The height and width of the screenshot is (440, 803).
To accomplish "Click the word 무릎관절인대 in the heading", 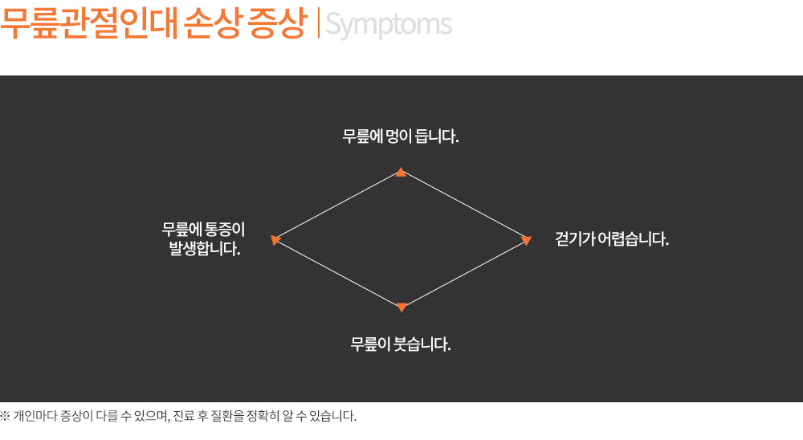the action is point(89,23).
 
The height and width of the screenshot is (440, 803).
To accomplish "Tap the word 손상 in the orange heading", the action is point(212,23).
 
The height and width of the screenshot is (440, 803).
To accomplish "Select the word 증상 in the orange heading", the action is point(276,23).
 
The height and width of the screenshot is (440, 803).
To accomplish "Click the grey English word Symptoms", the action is point(389,25).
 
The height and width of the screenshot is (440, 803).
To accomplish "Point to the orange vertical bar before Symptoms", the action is point(319,23).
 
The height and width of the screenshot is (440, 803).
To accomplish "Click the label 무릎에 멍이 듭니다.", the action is point(401,136).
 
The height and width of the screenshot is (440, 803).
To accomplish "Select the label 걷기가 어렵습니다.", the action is point(612,238).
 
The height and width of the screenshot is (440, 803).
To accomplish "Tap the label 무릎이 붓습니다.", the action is point(401,344).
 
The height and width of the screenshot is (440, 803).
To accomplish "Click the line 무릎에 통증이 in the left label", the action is point(204,229).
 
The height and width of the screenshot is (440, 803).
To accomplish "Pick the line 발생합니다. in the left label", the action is point(205,249).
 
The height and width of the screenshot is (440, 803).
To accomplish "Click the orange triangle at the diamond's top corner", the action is point(401,172).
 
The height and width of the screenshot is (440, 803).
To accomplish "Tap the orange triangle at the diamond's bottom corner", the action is point(402,308).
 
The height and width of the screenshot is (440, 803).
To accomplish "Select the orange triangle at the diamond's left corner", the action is point(275,240).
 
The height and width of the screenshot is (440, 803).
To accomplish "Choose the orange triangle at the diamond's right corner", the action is point(526,240).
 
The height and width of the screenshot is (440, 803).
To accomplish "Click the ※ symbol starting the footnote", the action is point(5,415).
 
